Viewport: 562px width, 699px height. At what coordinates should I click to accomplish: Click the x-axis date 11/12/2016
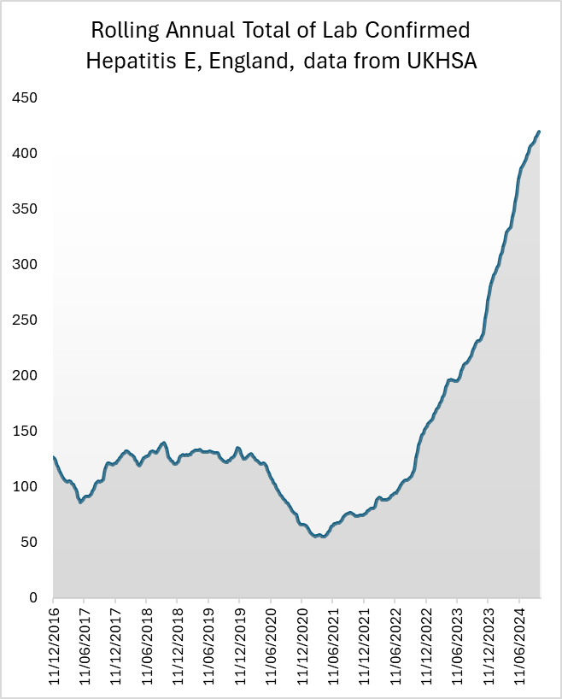click(53, 644)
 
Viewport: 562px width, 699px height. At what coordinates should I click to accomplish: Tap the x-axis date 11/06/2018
click(146, 644)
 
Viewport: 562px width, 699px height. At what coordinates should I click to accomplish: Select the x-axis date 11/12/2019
click(240, 644)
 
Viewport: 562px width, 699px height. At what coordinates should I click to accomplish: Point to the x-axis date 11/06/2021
click(333, 644)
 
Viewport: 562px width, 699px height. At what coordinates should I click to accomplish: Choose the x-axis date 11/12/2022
click(427, 644)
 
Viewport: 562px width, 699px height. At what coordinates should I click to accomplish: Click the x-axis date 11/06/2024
click(520, 644)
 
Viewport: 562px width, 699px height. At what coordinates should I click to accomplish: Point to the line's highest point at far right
click(539, 132)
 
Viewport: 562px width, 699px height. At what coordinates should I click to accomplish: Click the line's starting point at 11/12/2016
click(54, 457)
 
